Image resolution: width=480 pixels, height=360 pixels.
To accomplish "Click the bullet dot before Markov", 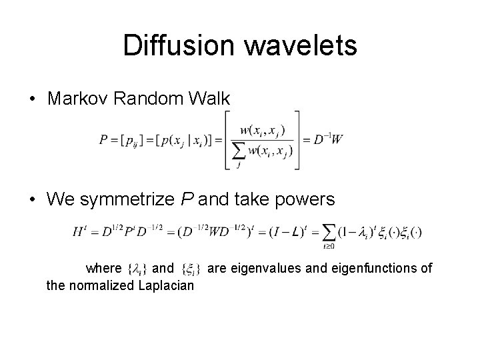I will tap(33, 99).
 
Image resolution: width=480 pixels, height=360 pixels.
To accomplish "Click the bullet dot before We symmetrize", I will tap(33, 200).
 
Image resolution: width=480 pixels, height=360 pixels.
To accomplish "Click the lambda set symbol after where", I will tap(136, 269).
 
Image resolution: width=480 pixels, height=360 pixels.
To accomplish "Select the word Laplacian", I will tap(166, 286).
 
